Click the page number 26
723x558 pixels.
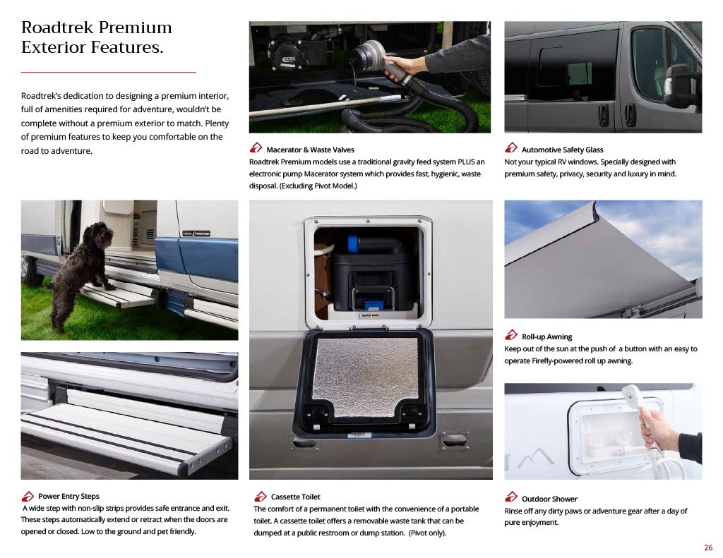(x=708, y=547)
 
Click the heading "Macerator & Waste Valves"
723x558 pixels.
(x=310, y=150)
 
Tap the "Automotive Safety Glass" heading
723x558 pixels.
(x=562, y=150)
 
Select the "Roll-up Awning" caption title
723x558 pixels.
(x=546, y=336)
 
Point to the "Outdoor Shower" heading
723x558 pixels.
(x=549, y=499)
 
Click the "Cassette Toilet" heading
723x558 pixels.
(x=295, y=497)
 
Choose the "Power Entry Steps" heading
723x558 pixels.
(x=68, y=496)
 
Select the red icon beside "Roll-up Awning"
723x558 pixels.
(x=511, y=334)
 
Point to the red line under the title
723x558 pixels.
(x=108, y=73)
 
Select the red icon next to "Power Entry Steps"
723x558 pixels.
(x=28, y=496)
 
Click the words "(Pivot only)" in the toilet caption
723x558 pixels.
(x=427, y=533)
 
